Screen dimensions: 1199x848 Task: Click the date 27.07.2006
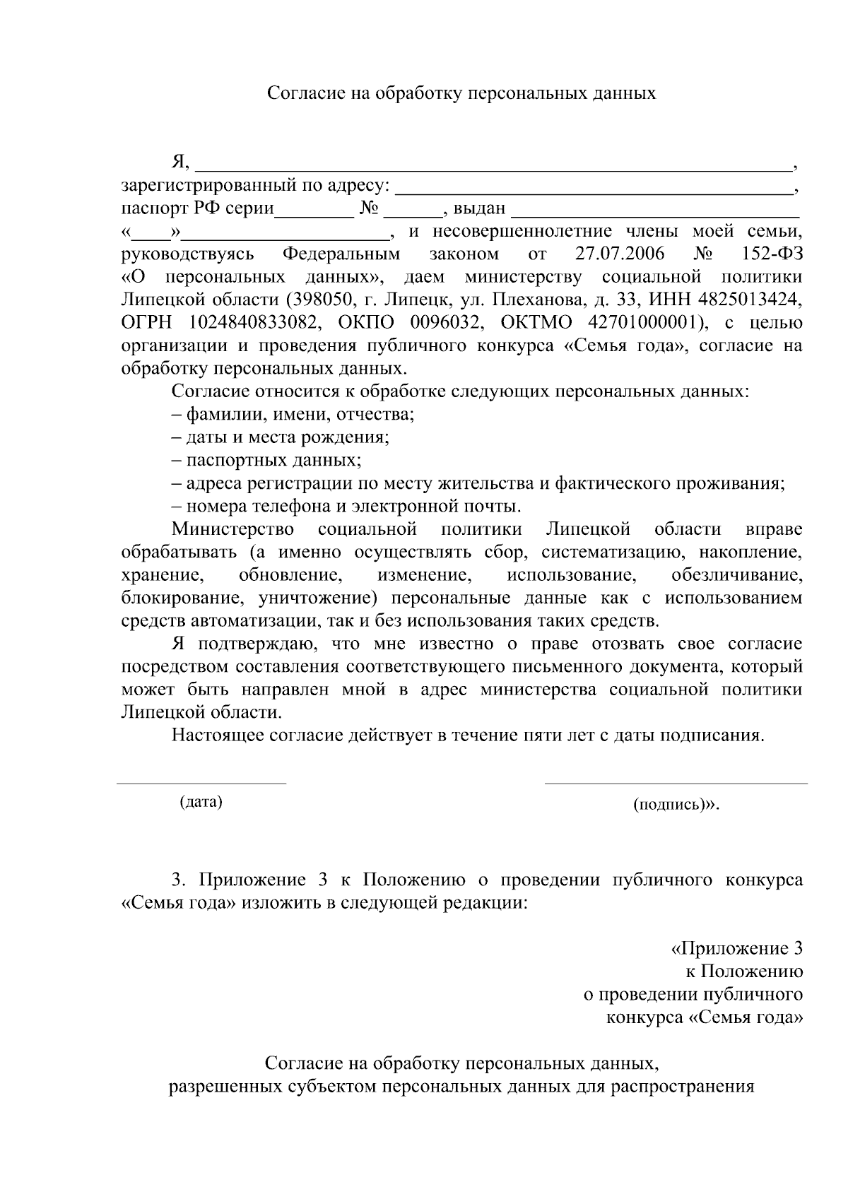(619, 254)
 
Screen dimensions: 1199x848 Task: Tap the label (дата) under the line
(201, 801)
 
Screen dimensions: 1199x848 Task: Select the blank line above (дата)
(201, 782)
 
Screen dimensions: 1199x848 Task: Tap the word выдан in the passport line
(479, 208)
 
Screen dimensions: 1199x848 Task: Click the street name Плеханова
(529, 300)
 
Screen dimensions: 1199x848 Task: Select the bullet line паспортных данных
(266, 461)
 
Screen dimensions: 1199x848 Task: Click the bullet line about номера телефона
(346, 507)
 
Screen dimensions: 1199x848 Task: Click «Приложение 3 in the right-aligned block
(736, 948)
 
